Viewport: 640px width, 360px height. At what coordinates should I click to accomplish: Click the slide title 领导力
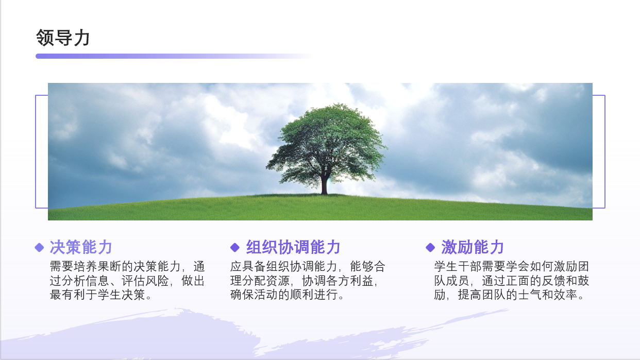click(63, 38)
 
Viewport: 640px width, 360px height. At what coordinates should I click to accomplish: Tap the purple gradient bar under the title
click(174, 56)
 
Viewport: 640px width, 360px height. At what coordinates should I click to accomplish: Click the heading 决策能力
click(81, 247)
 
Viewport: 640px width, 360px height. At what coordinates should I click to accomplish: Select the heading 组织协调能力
click(293, 247)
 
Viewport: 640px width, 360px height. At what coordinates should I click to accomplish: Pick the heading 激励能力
click(473, 247)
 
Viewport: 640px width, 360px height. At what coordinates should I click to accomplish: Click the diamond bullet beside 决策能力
click(40, 248)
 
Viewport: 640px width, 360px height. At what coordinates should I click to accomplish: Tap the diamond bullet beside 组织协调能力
click(235, 248)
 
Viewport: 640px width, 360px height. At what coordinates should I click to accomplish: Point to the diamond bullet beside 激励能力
click(430, 248)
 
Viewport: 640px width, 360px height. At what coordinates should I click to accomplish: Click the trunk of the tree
click(324, 185)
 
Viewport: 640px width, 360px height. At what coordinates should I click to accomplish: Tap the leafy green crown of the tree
click(327, 143)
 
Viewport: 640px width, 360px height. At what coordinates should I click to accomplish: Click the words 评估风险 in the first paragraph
click(145, 281)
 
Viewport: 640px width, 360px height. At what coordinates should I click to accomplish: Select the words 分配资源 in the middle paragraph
click(266, 281)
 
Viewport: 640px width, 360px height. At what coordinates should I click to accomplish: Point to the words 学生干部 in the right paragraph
click(458, 267)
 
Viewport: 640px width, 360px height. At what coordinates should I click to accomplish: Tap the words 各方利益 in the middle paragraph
click(349, 281)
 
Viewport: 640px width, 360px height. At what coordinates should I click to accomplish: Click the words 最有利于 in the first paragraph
click(73, 295)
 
